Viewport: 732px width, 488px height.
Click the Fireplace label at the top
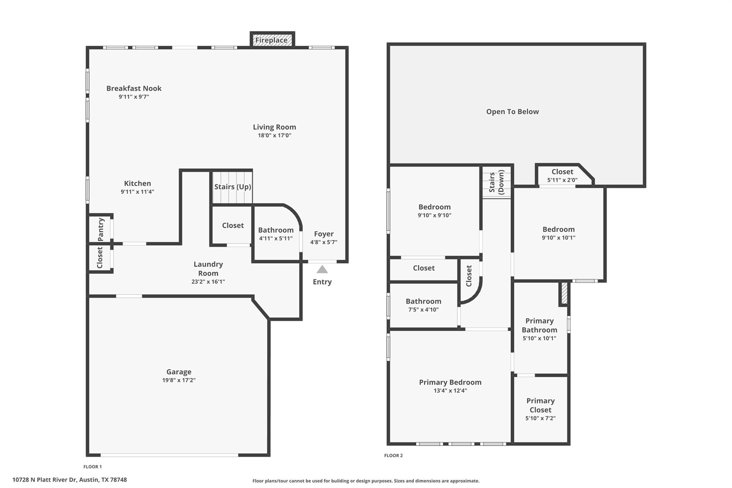[x=271, y=40]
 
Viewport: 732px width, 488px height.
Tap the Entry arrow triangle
[x=322, y=270]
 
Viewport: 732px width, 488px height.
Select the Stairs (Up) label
[x=233, y=187]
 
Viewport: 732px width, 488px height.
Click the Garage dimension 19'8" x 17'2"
[x=179, y=380]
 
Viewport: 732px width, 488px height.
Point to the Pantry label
[x=101, y=229]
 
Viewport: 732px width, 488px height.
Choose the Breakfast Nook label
[x=134, y=88]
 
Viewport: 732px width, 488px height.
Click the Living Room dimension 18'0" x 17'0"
[x=274, y=135]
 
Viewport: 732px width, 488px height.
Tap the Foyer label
[x=323, y=234]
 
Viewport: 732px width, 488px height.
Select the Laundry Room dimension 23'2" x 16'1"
[x=208, y=281]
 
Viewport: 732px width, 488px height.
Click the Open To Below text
[x=512, y=112]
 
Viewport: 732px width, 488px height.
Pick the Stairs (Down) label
[x=496, y=182]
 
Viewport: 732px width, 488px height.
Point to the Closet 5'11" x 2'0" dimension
[x=562, y=180]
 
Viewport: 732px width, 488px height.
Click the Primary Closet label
[x=540, y=405]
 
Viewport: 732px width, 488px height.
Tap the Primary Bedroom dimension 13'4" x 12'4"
[x=450, y=390]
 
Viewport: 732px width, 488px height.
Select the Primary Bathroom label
[x=539, y=325]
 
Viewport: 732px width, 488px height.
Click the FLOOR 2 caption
[x=393, y=455]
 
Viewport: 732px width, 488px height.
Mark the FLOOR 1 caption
[x=93, y=466]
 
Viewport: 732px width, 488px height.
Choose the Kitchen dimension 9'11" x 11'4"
[x=137, y=192]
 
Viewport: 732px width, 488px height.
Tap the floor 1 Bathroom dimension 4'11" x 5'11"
[x=276, y=238]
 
